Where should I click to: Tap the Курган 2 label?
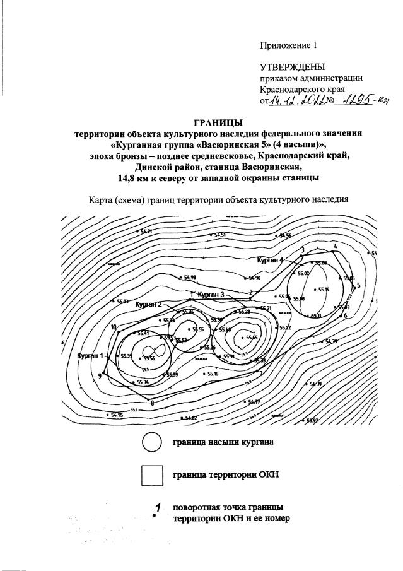(x=149, y=304)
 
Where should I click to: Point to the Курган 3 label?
(x=211, y=295)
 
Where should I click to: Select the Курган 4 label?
(x=271, y=259)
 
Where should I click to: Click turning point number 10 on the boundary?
(x=114, y=327)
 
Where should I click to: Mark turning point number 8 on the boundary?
(x=152, y=402)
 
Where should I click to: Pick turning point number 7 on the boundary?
(x=260, y=373)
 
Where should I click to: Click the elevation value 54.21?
(x=146, y=232)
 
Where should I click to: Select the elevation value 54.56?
(x=284, y=235)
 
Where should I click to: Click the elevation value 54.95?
(x=116, y=415)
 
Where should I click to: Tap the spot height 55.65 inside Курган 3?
(x=252, y=338)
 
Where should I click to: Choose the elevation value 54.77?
(x=254, y=402)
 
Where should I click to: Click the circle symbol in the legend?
(x=152, y=443)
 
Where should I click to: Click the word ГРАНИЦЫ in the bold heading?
(x=217, y=122)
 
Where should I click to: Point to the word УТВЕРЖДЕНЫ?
(x=293, y=67)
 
